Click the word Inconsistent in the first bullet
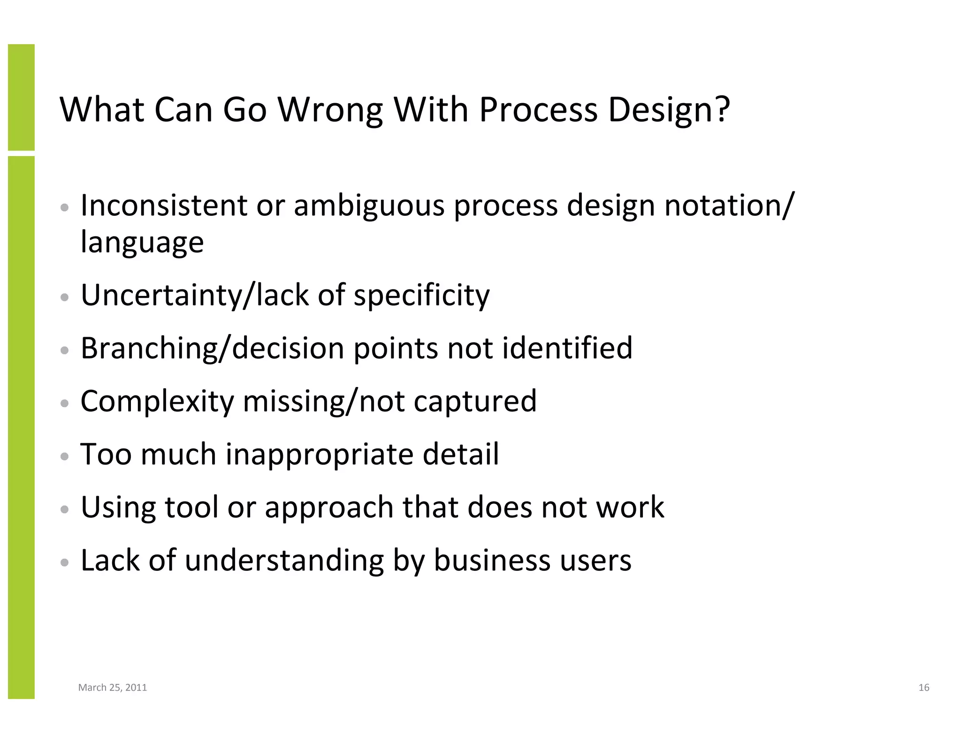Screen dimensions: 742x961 coord(164,206)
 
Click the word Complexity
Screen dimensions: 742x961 coord(157,402)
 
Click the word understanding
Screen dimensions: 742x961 coord(284,561)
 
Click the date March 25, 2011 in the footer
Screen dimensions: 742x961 coord(113,688)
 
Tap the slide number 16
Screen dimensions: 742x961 coord(923,688)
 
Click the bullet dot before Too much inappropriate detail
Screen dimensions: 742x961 coord(65,456)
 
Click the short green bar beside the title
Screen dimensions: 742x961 coord(21,97)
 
